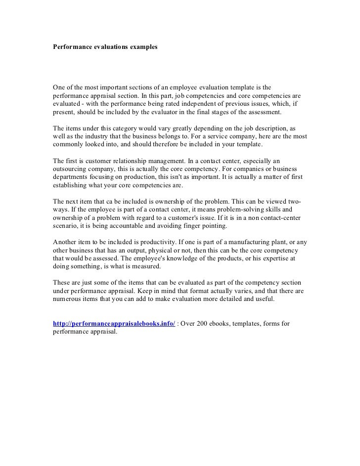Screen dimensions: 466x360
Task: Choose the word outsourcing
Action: click(70, 169)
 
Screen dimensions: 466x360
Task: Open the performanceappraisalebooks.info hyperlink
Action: click(114, 324)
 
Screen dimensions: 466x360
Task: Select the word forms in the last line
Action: click(272, 324)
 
